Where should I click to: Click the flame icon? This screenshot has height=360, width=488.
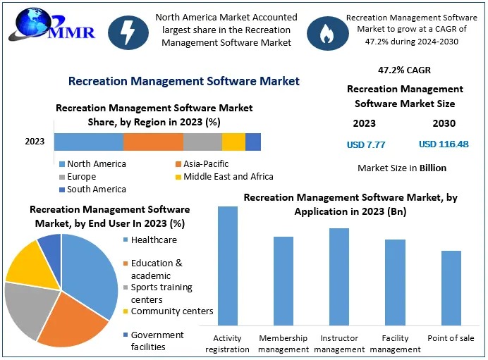point(325,32)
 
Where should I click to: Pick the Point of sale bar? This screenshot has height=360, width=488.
point(451,288)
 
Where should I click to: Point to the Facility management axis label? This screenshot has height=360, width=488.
point(396,344)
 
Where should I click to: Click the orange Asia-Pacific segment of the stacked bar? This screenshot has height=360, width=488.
point(153,142)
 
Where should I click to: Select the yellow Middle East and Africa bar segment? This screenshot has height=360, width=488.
point(233,142)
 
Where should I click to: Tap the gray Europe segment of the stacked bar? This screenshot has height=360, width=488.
point(202,142)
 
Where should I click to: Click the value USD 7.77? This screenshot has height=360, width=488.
point(366,144)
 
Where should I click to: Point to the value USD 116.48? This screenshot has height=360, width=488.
point(444,144)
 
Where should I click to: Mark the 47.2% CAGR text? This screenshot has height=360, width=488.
point(404,70)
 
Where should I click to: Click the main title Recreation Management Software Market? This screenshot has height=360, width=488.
point(184,81)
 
